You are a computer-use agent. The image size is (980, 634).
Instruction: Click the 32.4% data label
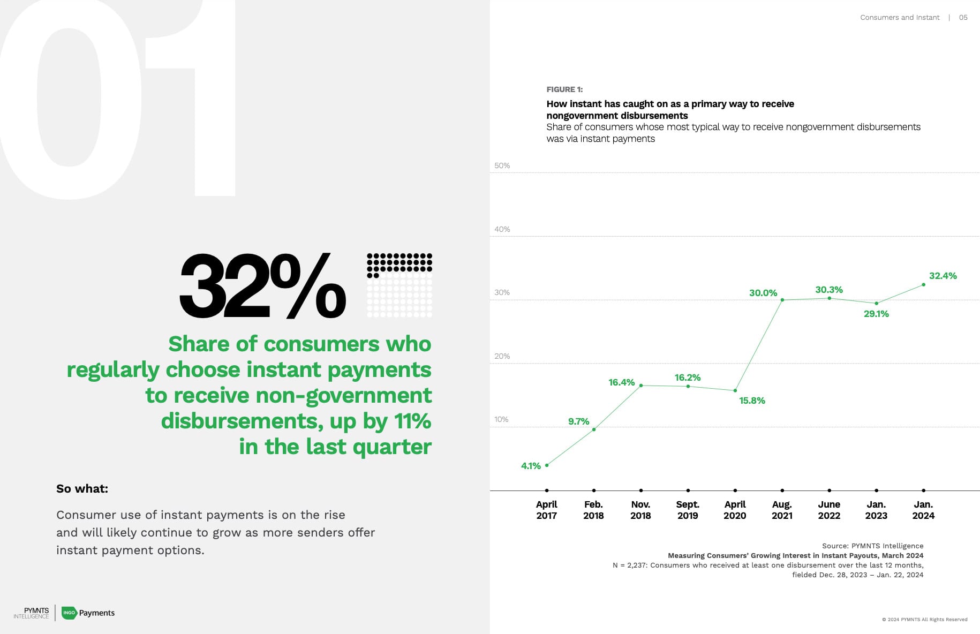(943, 276)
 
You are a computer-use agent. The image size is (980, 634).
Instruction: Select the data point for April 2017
(547, 465)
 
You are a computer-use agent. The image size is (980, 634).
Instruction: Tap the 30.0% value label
(763, 293)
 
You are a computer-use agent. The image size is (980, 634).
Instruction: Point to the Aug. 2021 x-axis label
(782, 510)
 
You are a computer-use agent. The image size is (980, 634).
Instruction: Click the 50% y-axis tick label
(502, 165)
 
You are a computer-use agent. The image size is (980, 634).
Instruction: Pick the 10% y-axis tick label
(501, 419)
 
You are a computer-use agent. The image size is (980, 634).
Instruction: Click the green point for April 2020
(735, 390)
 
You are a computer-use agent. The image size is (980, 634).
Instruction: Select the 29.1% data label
(876, 314)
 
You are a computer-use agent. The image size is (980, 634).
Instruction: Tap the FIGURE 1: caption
(564, 89)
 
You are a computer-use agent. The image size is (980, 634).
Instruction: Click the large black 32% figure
(262, 286)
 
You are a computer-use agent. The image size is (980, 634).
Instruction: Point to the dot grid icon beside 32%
(399, 285)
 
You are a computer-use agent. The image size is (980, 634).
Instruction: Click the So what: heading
(82, 488)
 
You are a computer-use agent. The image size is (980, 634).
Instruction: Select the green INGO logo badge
(69, 613)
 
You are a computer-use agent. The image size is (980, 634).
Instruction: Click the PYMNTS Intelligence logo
(32, 613)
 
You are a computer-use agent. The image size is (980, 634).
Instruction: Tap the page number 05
(963, 18)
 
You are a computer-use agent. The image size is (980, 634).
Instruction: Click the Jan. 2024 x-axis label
(923, 510)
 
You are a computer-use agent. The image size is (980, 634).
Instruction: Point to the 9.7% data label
(578, 421)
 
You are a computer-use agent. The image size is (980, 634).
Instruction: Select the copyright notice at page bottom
(924, 620)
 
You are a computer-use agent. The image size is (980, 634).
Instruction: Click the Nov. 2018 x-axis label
(640, 510)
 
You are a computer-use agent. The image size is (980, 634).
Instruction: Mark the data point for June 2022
(830, 298)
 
